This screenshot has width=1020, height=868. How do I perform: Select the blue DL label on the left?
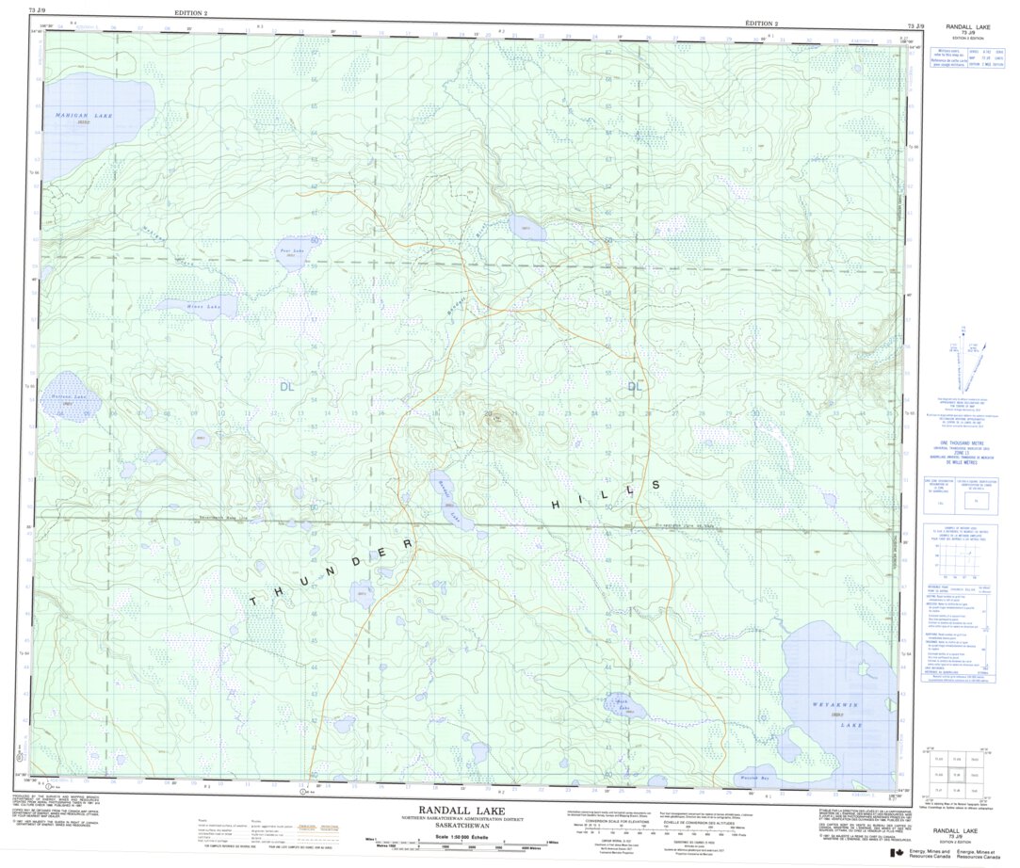tap(286, 386)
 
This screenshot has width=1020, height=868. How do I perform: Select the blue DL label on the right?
tap(636, 386)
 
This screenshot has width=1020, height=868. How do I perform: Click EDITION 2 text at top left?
tap(193, 11)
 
